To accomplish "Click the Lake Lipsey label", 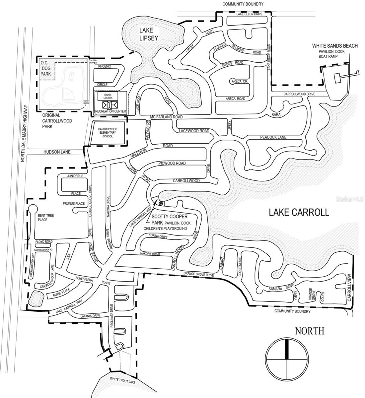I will tap(148, 34).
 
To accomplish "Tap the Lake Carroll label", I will tap(299, 212).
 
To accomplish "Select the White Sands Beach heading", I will tap(335, 46).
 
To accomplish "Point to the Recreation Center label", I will tap(110, 111).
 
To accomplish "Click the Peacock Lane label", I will tap(273, 137).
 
